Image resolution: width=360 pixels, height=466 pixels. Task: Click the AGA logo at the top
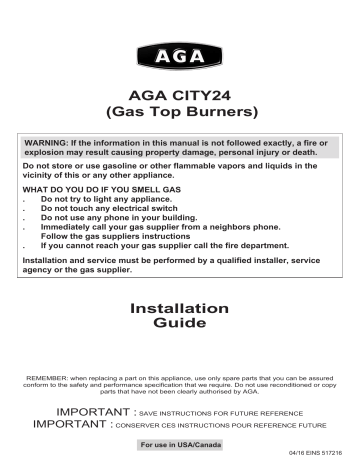coord(180,51)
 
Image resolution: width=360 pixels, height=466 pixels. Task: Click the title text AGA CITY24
coord(180,92)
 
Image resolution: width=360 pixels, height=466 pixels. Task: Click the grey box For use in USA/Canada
coord(180,443)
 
